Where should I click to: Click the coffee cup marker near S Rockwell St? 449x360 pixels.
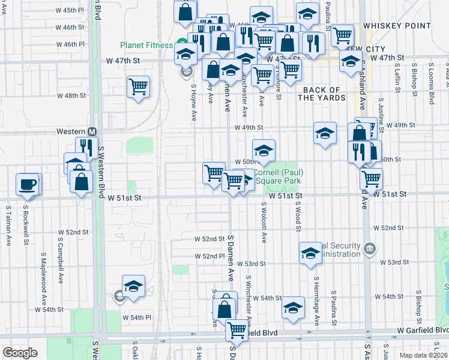click(x=28, y=184)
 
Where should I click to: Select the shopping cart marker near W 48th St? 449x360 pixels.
click(x=138, y=87)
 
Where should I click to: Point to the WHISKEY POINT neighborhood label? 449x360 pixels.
click(x=396, y=26)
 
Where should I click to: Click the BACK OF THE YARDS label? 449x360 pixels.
click(x=324, y=94)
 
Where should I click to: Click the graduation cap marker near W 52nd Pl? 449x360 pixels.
click(x=310, y=253)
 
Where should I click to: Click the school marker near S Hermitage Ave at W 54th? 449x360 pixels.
click(x=293, y=308)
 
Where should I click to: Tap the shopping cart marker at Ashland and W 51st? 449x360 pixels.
click(x=371, y=178)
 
